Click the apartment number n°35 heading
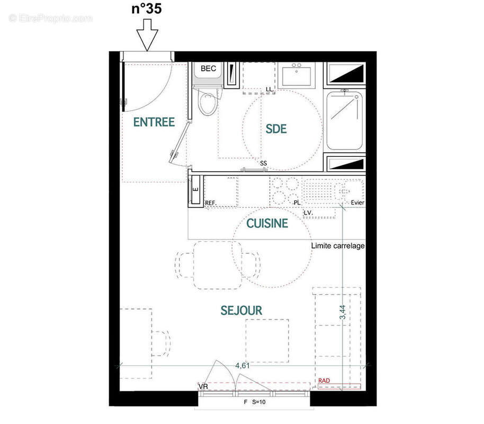147,10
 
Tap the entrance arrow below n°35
147,35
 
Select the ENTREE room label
154,122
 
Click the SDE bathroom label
275,129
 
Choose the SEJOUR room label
241,311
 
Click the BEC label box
208,68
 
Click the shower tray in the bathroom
344,120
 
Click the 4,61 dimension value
243,366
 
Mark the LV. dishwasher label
308,213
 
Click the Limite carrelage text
338,246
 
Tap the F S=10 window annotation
254,402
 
